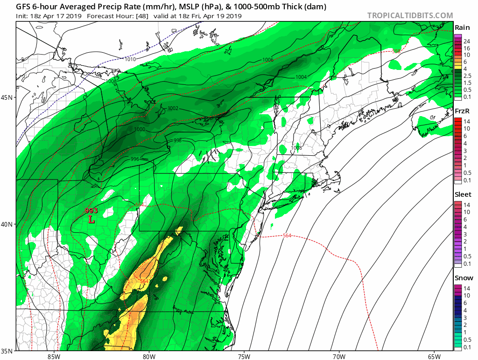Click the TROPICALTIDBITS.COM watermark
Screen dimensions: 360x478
(410, 15)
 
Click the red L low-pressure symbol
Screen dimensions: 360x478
(91, 218)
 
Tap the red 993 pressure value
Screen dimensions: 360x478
(91, 211)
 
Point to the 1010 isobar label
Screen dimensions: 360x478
(131, 59)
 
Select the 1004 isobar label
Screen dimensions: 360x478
(301, 77)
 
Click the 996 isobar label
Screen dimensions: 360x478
(135, 159)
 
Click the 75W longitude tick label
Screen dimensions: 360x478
(244, 357)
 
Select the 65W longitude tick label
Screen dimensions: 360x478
(434, 357)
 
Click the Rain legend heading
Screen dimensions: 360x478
(462, 28)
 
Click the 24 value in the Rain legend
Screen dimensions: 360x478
(467, 42)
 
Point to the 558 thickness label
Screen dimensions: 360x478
(396, 51)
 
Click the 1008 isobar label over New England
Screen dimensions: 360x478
(296, 148)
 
